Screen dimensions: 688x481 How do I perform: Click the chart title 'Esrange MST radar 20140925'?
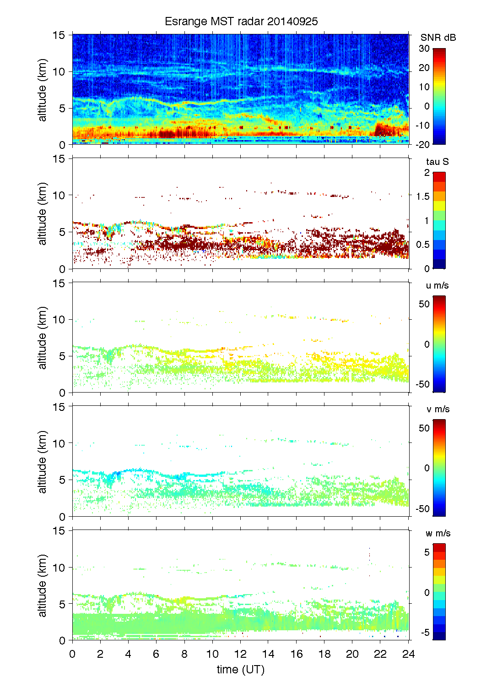[241, 22]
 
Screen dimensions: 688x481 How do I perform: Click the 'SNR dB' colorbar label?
[438, 38]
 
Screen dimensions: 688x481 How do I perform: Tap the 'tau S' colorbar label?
[437, 162]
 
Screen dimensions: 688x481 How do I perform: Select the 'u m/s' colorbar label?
[437, 285]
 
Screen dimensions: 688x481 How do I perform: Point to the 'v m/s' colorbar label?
[438, 409]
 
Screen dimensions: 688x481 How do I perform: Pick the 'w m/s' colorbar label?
[438, 533]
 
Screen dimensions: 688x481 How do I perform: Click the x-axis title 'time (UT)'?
[241, 669]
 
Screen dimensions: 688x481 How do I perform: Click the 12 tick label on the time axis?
[240, 654]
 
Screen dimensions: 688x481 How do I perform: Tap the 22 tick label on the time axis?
[380, 654]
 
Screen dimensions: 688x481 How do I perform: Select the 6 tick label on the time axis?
[156, 654]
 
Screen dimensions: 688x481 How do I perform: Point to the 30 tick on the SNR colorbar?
[424, 49]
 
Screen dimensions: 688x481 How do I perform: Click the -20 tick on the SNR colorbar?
[422, 144]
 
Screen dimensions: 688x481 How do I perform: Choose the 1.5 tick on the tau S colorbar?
[422, 197]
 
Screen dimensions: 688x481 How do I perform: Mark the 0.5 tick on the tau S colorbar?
[422, 245]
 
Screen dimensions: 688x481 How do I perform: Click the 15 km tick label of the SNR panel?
[59, 35]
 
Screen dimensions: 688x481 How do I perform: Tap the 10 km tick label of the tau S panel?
[59, 196]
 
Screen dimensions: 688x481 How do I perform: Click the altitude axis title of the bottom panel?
[43, 585]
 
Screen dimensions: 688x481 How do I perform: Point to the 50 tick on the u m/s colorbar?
[424, 304]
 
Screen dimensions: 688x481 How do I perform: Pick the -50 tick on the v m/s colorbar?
[422, 509]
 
